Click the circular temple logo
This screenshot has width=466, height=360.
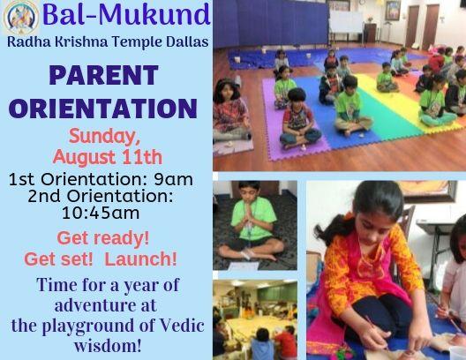pyautogui.click(x=21, y=17)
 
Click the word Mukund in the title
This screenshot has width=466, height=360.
pyautogui.click(x=154, y=15)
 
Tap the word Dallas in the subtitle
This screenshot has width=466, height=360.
pyautogui.click(x=187, y=41)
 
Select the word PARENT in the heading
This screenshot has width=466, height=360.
pyautogui.click(x=103, y=76)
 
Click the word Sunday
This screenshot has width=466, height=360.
pyautogui.click(x=104, y=138)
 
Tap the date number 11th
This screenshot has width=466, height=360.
pyautogui.click(x=142, y=157)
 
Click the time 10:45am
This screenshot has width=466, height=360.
pyautogui.click(x=101, y=213)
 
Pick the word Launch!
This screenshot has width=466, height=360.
pyautogui.click(x=141, y=259)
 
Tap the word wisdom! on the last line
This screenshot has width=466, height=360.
pyautogui.click(x=108, y=346)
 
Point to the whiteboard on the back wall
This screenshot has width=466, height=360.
pyautogui.click(x=347, y=22)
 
